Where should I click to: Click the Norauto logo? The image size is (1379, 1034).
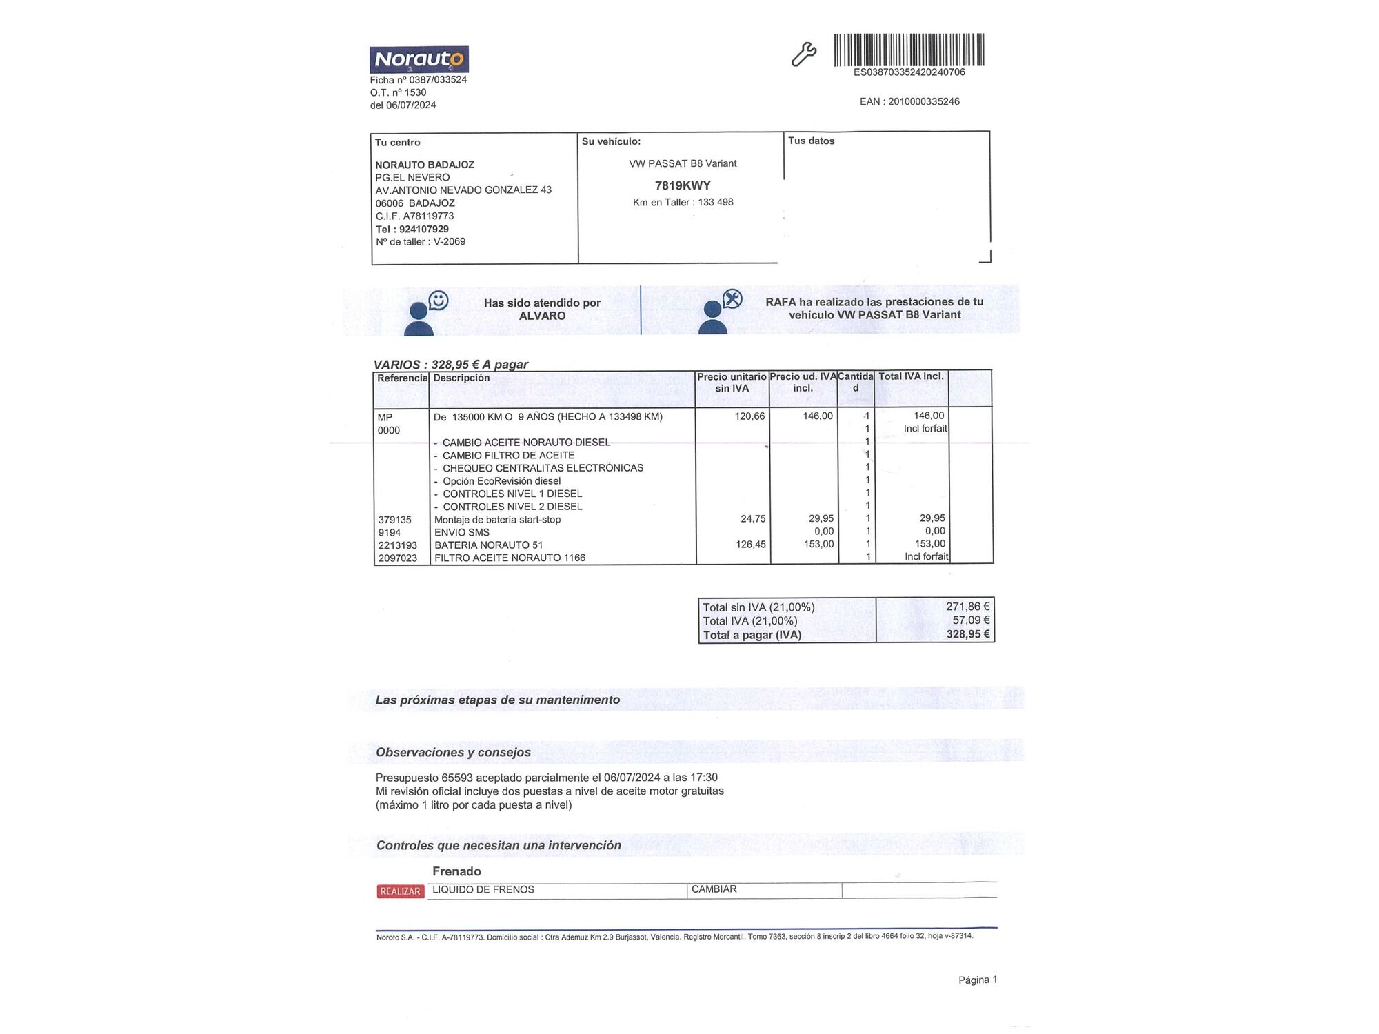click(x=419, y=59)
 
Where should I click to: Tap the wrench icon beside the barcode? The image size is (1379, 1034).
click(x=803, y=54)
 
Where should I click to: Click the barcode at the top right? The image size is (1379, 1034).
click(x=909, y=50)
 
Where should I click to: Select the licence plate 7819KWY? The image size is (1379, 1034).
click(x=683, y=185)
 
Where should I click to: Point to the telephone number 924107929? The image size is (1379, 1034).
click(x=423, y=229)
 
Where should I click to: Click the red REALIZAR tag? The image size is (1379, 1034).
click(x=400, y=891)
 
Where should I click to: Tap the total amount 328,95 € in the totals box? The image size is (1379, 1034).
click(x=967, y=634)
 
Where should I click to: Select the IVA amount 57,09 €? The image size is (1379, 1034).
click(x=971, y=620)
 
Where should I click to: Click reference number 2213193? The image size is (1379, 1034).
click(x=397, y=545)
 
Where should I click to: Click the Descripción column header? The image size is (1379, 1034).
click(x=461, y=378)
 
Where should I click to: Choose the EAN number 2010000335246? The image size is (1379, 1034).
click(x=923, y=101)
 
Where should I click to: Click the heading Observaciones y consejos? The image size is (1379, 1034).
click(x=453, y=752)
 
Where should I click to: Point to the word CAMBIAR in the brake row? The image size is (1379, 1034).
click(x=714, y=889)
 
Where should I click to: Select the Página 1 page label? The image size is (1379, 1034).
click(x=977, y=980)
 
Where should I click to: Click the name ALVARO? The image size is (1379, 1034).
click(x=542, y=316)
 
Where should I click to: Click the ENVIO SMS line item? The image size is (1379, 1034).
click(x=461, y=532)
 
